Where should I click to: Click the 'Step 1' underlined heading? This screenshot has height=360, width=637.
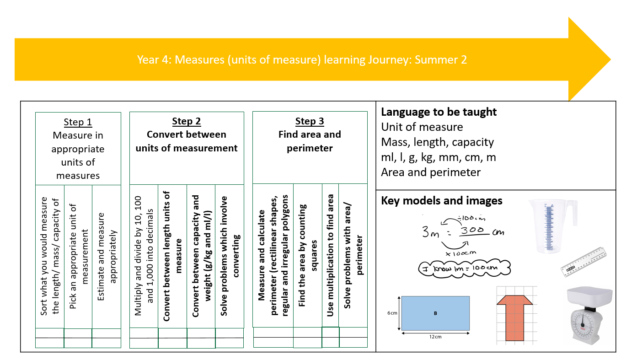[x=78, y=122]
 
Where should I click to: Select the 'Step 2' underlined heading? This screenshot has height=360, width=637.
[x=186, y=121]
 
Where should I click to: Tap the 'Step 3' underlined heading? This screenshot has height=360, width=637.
[x=310, y=121]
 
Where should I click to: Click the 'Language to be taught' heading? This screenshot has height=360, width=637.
[x=439, y=112]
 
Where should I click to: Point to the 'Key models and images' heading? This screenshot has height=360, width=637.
[x=442, y=201]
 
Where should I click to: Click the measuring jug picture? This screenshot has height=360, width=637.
[x=552, y=226]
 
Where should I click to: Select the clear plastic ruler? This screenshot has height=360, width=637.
[x=583, y=262]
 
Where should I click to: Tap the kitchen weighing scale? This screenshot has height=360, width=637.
[x=589, y=316]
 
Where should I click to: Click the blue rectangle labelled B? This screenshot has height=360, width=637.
[x=435, y=313]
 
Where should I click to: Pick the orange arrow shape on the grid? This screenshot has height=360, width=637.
[x=514, y=317]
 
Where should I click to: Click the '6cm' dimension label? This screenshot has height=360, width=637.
[x=392, y=313]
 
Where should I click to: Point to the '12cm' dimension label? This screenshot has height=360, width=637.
[x=435, y=337]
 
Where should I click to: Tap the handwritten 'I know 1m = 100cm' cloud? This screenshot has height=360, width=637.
[x=465, y=268]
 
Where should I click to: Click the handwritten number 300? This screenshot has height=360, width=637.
[x=472, y=230]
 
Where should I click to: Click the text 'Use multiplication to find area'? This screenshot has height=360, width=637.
[x=330, y=255]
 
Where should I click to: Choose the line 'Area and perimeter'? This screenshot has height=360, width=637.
[x=431, y=172]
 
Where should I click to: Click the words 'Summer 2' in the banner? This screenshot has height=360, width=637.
[x=441, y=60]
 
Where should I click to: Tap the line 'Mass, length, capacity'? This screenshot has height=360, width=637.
[x=437, y=142]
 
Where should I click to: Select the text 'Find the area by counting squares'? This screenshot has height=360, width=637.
[x=307, y=255]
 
